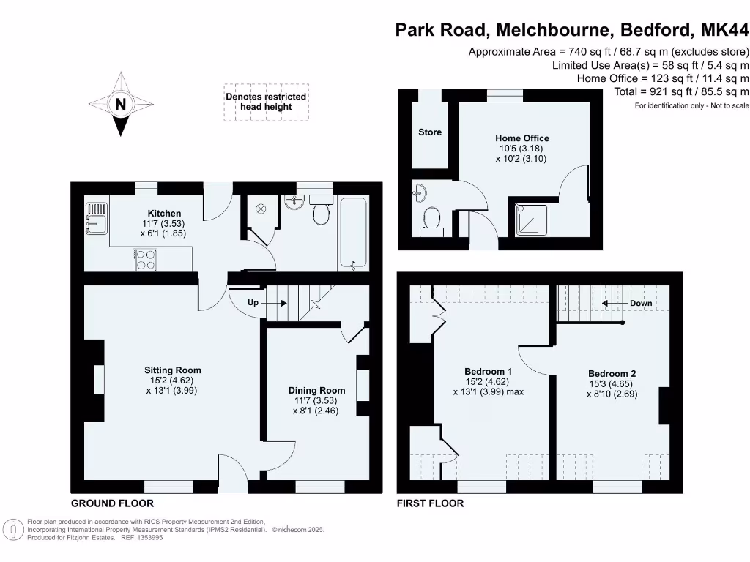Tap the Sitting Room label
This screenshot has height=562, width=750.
pyautogui.click(x=173, y=370)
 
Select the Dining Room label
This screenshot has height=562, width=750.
pyautogui.click(x=316, y=390)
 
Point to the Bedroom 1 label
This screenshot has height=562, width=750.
pyautogui.click(x=488, y=372)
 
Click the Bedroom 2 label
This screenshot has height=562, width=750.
pyautogui.click(x=612, y=373)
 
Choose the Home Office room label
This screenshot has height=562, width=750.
pyautogui.click(x=521, y=138)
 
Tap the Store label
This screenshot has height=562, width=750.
pyautogui.click(x=430, y=132)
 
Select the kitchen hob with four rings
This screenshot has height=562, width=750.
pyautogui.click(x=145, y=260)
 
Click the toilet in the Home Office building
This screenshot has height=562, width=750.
pyautogui.click(x=431, y=220)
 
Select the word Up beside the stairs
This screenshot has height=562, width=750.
pyautogui.click(x=253, y=302)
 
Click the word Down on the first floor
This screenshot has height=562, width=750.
pyautogui.click(x=641, y=303)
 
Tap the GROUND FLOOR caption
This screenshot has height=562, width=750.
pyautogui.click(x=112, y=503)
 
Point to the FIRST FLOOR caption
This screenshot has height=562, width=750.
pyautogui.click(x=430, y=503)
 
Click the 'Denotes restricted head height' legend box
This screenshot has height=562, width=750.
pyautogui.click(x=267, y=102)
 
